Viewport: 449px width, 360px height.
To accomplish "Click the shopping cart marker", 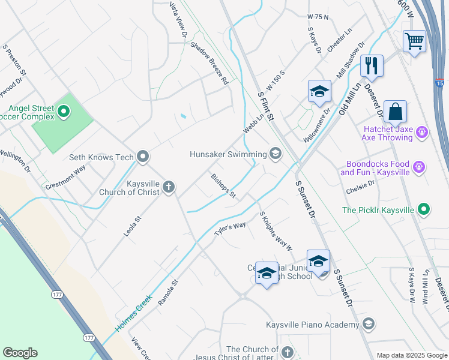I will [414, 41].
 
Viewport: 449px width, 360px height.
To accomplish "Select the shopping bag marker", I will [395, 111].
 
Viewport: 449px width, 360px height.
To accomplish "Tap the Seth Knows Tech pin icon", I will [143, 157].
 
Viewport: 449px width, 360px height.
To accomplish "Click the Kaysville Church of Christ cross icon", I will [169, 187].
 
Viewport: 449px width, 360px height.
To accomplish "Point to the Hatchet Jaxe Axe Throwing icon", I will [422, 131].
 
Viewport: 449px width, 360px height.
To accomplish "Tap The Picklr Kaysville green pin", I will [424, 209].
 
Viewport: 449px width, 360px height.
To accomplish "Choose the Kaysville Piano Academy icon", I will [369, 325].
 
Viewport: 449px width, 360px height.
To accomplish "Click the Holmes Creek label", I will [131, 318].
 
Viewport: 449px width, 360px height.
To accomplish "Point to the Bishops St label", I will [223, 185].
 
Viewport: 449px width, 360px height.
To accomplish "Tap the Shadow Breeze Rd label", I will [209, 62].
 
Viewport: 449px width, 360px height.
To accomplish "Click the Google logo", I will [20, 353].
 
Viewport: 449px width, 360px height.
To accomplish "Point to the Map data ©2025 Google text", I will [411, 355].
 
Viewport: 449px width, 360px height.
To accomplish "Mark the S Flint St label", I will [265, 104].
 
